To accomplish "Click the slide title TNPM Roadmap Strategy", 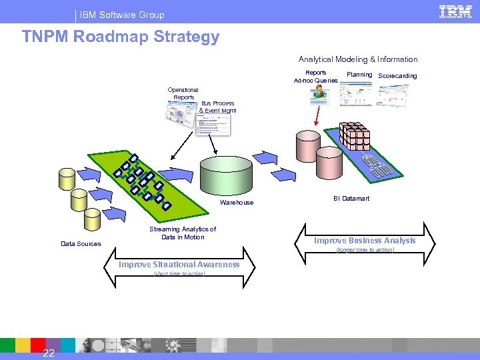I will (121, 37).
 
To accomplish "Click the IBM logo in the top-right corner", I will (455, 11).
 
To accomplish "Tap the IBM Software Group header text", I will (122, 15).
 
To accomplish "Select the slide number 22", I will (49, 353).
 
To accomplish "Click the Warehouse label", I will (237, 203).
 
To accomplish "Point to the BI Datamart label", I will (351, 199).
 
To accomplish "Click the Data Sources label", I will (81, 244).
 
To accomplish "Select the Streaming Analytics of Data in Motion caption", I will (182, 233).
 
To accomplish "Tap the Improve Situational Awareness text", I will (179, 265).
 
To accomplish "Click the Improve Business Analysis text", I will (365, 241).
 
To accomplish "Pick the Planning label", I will (359, 75).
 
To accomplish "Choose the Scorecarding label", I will (397, 76).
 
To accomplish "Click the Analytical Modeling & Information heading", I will (358, 59).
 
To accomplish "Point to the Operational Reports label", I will (183, 93).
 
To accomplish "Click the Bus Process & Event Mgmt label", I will (217, 107).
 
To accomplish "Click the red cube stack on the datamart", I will (355, 136).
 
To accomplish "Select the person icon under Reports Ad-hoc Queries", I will (320, 95).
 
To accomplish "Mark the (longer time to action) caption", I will (365, 251).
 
